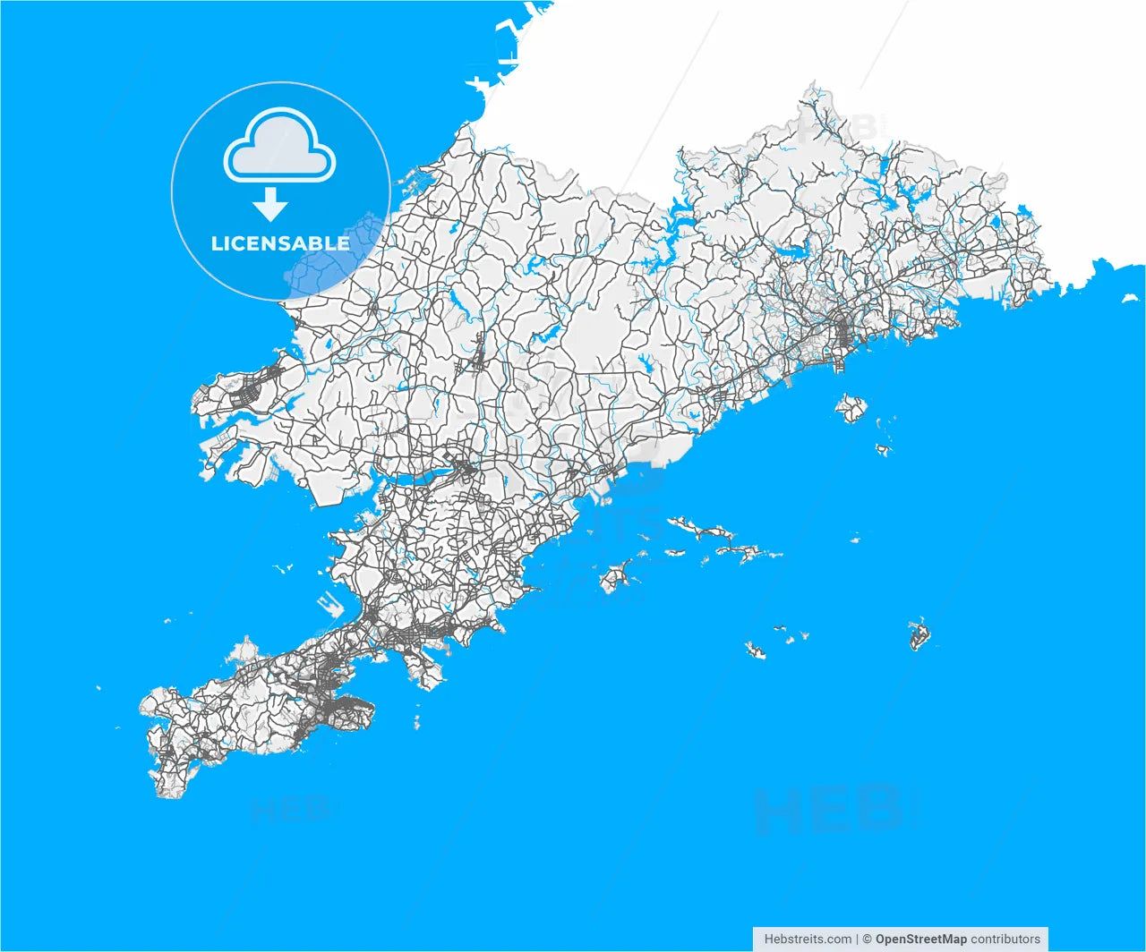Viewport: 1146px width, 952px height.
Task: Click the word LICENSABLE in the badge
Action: pos(280,243)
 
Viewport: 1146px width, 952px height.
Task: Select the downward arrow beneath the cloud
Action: pos(269,206)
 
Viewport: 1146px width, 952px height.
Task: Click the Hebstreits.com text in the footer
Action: pos(808,939)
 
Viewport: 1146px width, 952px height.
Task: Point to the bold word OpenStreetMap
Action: pos(920,939)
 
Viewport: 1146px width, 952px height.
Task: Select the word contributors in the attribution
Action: pos(1005,939)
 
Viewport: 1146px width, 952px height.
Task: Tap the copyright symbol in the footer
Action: pos(867,939)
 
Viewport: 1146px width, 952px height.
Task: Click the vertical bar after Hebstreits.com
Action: pos(857,939)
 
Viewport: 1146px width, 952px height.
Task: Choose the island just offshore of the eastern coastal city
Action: pos(851,408)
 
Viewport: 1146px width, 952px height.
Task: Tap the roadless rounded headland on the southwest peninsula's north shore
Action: pos(244,650)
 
